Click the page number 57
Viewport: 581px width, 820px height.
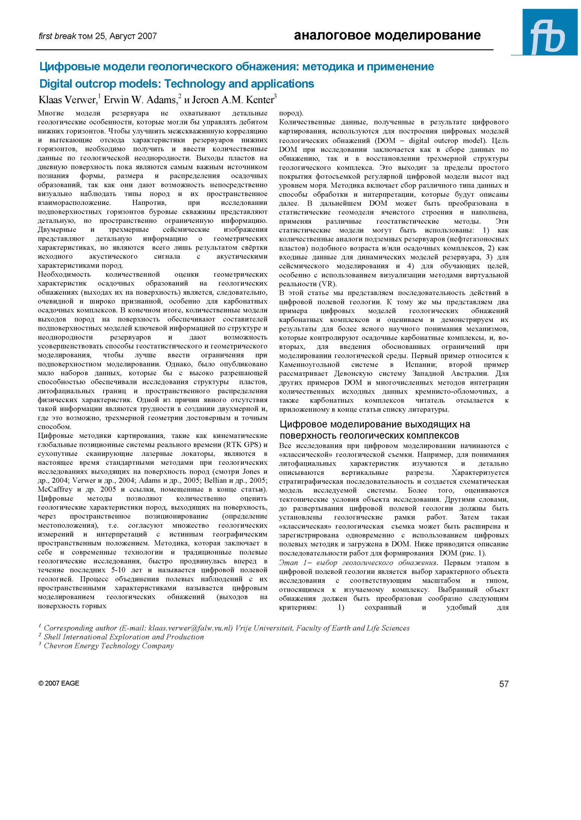pos(503,684)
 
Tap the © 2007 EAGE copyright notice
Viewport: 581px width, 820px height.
pos(59,683)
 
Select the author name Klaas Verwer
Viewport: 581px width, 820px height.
pos(67,100)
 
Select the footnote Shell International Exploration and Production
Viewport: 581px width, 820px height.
pos(124,637)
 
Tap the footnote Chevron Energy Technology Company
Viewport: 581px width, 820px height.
pos(108,646)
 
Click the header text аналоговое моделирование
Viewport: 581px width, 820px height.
pos(387,35)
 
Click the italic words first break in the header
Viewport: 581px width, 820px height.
pos(57,36)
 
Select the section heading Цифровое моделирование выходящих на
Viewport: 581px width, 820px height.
pos(375,424)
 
